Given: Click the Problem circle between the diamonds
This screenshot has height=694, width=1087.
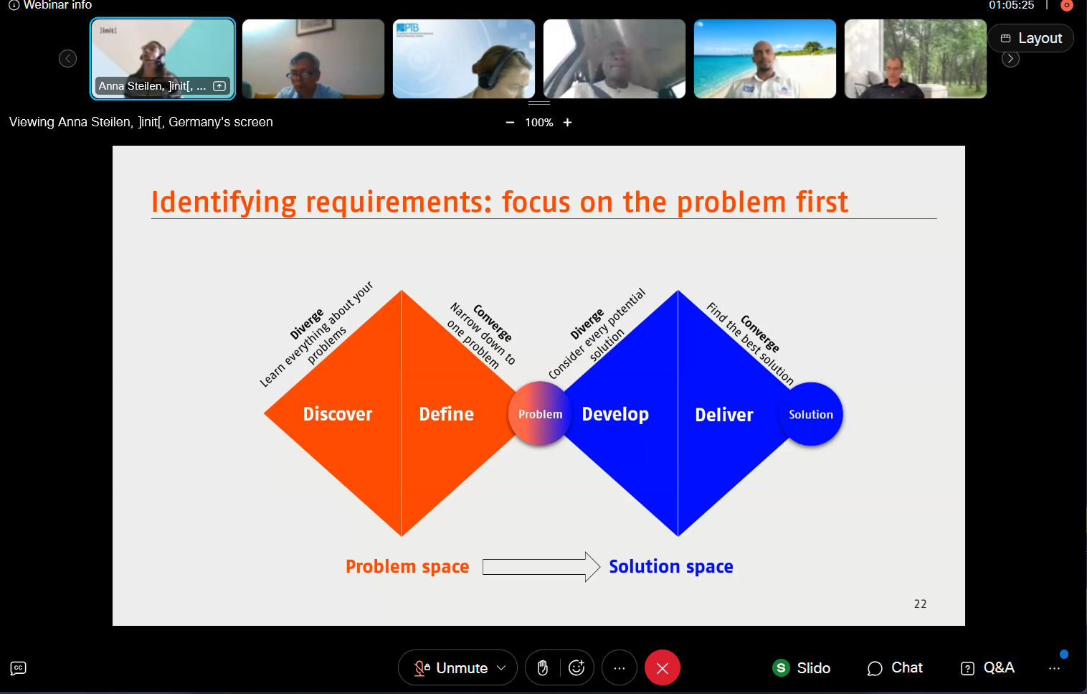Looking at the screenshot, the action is [540, 414].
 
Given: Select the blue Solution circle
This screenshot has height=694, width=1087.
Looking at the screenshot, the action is [810, 414].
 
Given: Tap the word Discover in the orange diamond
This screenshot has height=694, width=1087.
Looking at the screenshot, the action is [337, 414].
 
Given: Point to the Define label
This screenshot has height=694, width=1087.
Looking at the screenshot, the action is [446, 414].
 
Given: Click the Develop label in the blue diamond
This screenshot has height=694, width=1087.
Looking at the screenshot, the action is [614, 414].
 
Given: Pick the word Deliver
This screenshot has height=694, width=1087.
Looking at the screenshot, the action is [724, 415].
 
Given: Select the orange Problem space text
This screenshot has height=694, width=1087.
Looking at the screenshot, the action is [407, 567].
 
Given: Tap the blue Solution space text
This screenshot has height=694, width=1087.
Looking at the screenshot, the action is [670, 567].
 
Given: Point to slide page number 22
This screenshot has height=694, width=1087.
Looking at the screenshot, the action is [920, 604].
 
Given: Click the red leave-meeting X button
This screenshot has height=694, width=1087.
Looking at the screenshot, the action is [663, 667].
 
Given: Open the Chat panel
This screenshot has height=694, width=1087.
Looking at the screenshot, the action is [895, 667].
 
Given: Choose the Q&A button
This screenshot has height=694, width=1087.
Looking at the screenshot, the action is [987, 667].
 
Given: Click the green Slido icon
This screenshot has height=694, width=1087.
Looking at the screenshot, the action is [781, 667].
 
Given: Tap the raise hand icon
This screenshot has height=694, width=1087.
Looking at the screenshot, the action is [543, 667].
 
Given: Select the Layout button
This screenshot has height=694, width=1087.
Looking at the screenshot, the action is [1031, 38].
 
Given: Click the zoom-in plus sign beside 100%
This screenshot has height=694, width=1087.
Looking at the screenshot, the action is [567, 123].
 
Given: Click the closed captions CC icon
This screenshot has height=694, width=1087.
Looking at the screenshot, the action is [19, 668].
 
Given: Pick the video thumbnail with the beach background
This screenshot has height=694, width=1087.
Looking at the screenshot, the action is [765, 59].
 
